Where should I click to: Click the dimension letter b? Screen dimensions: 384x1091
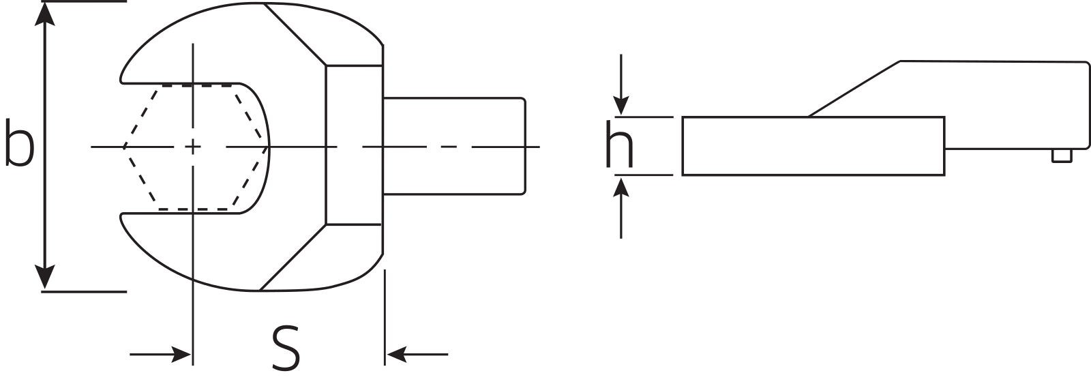coord(19,143)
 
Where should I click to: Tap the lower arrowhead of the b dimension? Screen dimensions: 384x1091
coord(45,277)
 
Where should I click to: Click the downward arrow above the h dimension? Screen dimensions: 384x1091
coord(621,105)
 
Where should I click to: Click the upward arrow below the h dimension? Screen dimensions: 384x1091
coord(621,186)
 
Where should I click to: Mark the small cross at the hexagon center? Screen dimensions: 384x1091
coord(193,147)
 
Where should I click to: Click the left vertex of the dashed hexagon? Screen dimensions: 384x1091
coord(124,147)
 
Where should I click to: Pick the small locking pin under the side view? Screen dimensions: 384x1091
coord(1061,156)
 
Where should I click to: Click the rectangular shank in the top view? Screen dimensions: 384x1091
coord(454,147)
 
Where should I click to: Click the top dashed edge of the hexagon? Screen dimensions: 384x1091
coord(198,85)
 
